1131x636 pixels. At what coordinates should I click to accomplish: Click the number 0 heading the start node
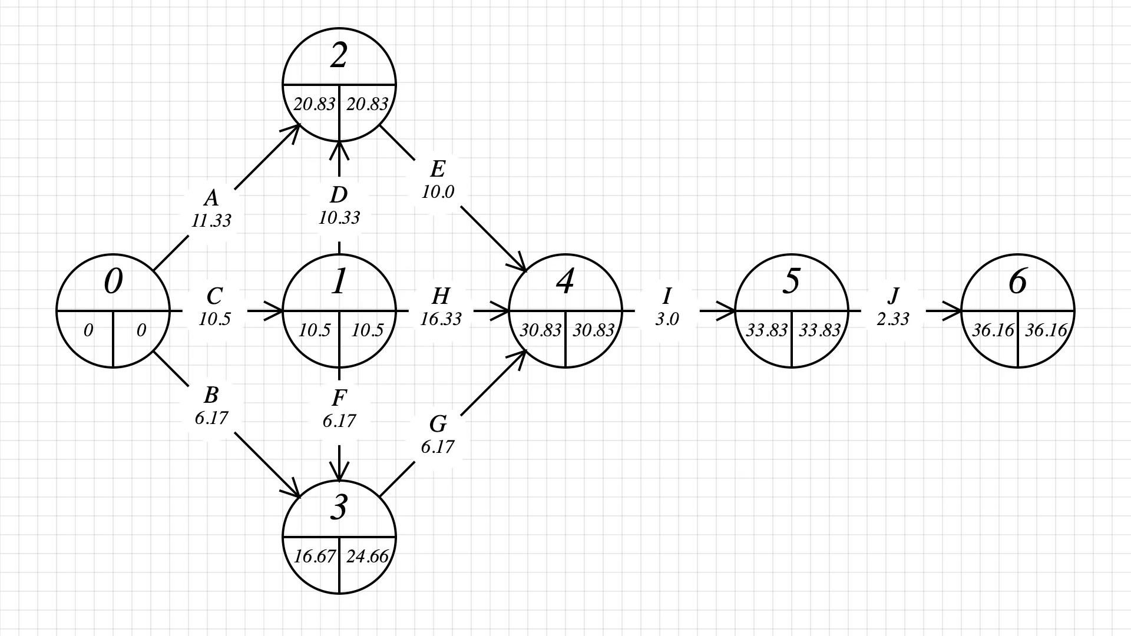click(x=113, y=282)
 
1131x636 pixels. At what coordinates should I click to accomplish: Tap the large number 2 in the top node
click(x=339, y=56)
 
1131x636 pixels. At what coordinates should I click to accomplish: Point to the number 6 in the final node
click(x=1017, y=282)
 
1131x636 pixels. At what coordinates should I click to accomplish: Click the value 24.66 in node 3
click(x=367, y=556)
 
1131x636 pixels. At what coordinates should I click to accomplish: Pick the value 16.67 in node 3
click(x=314, y=556)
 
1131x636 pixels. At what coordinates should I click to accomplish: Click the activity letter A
click(x=211, y=198)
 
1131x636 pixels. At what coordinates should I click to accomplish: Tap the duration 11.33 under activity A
click(x=211, y=221)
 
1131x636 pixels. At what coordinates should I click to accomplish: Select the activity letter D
click(x=339, y=195)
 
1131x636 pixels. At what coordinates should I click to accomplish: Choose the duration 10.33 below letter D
click(x=339, y=218)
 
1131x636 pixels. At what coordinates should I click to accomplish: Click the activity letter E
click(x=438, y=169)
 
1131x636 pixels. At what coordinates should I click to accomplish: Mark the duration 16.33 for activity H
click(x=441, y=319)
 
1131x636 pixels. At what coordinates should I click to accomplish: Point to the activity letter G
click(x=438, y=424)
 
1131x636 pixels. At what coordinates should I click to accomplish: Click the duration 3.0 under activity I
click(x=667, y=319)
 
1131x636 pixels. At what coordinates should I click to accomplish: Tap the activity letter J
click(x=893, y=296)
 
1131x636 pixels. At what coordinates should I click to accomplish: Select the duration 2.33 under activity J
click(x=893, y=319)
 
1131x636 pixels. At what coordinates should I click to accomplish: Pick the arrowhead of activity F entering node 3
click(x=339, y=473)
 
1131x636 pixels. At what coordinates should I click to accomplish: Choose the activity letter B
click(x=211, y=395)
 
